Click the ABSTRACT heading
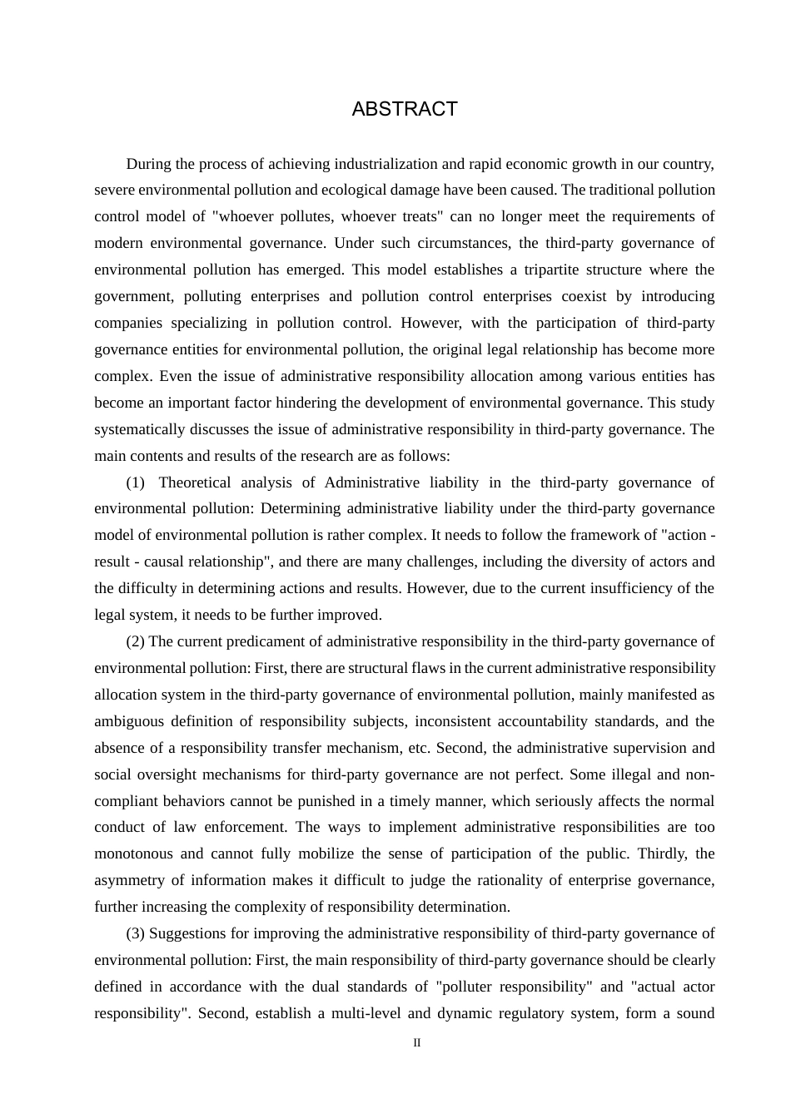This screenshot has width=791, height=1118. [x=405, y=110]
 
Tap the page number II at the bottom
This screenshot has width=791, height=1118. [x=417, y=1043]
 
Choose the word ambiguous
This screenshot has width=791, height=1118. [x=128, y=721]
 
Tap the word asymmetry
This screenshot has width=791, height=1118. [x=130, y=880]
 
